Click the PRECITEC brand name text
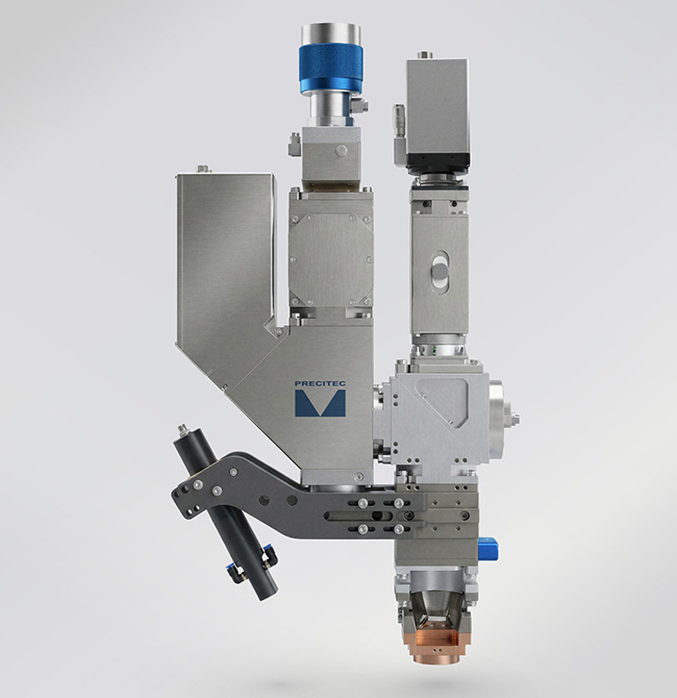coord(320,383)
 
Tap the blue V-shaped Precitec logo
coord(320,404)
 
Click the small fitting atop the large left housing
coord(203,169)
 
